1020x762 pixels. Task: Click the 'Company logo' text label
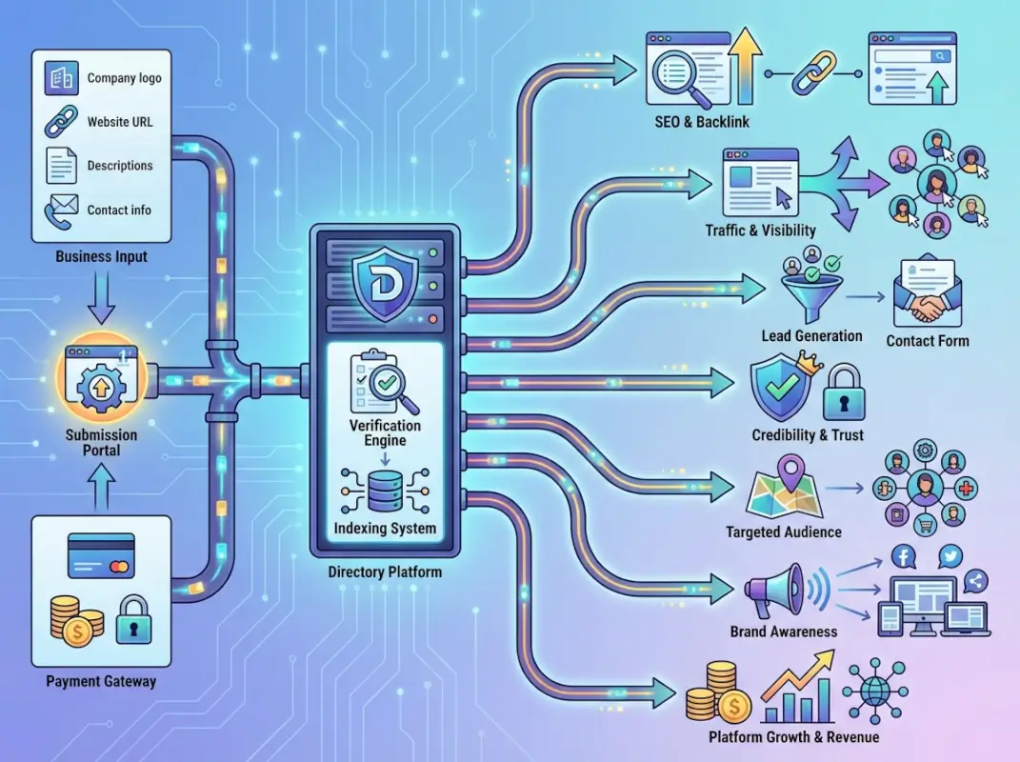click(124, 78)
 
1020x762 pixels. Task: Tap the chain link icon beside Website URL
click(61, 122)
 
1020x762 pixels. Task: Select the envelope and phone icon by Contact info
click(61, 210)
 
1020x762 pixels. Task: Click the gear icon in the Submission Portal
click(100, 385)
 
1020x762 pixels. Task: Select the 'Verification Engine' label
click(385, 433)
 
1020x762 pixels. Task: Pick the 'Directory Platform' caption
click(385, 572)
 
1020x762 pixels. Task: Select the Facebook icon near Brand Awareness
click(902, 556)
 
